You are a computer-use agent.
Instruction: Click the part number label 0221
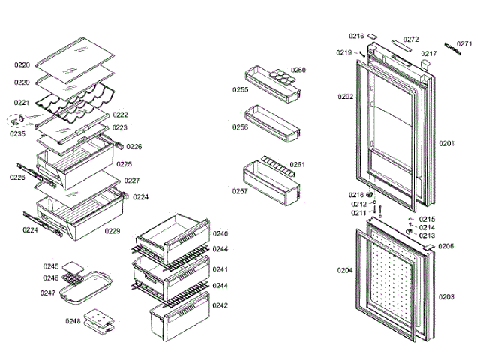click(22, 103)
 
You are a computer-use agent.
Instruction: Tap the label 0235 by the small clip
click(17, 133)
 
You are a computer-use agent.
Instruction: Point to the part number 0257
click(240, 191)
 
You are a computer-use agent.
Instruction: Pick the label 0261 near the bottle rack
click(298, 164)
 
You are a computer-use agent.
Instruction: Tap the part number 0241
click(220, 268)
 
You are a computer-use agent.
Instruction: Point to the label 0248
click(72, 321)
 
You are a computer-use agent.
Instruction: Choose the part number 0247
click(48, 292)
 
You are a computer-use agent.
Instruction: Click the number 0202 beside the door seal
click(345, 97)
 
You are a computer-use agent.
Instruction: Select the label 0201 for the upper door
click(447, 143)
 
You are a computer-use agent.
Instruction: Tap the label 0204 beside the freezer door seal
click(344, 270)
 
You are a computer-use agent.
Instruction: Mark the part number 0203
click(446, 297)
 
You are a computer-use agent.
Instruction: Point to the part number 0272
click(411, 40)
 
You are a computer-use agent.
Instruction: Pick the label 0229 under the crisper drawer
click(112, 231)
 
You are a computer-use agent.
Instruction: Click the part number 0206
click(446, 246)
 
